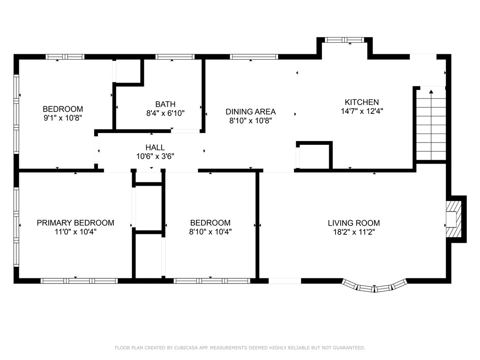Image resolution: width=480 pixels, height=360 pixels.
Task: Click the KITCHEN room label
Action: (x=361, y=102)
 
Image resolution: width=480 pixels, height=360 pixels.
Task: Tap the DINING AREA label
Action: (x=250, y=112)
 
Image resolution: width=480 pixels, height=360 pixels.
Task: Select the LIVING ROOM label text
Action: (x=353, y=223)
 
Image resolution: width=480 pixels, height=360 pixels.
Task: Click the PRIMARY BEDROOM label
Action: (x=75, y=223)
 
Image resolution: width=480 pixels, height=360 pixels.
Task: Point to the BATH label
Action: (x=165, y=104)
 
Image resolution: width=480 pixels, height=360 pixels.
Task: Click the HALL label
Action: (x=155, y=148)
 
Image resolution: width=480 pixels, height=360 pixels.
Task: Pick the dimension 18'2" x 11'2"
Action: (x=353, y=232)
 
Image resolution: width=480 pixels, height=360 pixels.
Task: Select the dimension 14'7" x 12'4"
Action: (x=361, y=111)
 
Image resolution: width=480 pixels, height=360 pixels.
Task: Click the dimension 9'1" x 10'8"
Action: (x=63, y=118)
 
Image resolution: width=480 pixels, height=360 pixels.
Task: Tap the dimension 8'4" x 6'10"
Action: (x=165, y=113)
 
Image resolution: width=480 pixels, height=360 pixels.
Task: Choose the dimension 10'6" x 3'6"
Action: (x=155, y=156)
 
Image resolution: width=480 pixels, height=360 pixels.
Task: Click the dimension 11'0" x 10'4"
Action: (x=75, y=232)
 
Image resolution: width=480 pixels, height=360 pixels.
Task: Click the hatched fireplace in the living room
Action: (x=453, y=218)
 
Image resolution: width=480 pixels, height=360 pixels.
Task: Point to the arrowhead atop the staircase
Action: (x=431, y=92)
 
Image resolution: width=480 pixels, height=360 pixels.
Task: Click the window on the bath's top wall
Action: (x=175, y=57)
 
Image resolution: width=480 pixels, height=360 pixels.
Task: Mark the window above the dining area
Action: (x=254, y=57)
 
